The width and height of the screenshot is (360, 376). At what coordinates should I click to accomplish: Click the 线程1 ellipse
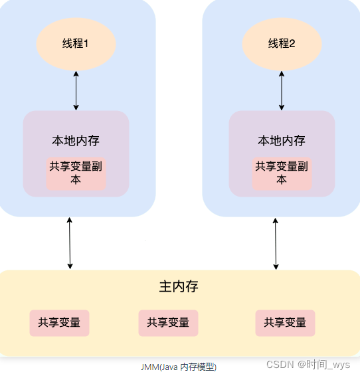click(x=76, y=44)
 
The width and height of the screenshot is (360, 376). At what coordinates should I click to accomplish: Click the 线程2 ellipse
click(x=282, y=44)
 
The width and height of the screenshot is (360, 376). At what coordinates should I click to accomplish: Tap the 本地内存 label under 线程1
click(x=76, y=141)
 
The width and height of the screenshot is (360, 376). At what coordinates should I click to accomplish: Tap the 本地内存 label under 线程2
click(x=282, y=141)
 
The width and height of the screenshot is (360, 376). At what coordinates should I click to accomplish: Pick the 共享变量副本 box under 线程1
click(x=76, y=173)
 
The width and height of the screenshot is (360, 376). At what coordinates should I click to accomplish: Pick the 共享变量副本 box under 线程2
click(x=282, y=173)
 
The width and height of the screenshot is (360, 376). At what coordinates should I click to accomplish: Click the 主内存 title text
click(x=179, y=287)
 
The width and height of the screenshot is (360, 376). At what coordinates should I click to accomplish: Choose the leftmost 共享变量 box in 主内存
click(x=59, y=323)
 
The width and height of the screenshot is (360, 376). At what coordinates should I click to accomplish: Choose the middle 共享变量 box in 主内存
click(x=168, y=323)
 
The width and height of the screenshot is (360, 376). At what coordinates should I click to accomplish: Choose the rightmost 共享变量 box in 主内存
click(x=285, y=323)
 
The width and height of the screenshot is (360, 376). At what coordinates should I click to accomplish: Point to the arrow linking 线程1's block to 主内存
click(x=70, y=242)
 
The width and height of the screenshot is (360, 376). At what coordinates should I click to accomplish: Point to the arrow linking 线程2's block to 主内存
click(x=276, y=242)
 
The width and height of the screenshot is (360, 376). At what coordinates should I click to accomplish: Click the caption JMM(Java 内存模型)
click(x=179, y=367)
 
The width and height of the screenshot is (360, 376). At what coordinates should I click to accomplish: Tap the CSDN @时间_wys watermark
click(x=308, y=365)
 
